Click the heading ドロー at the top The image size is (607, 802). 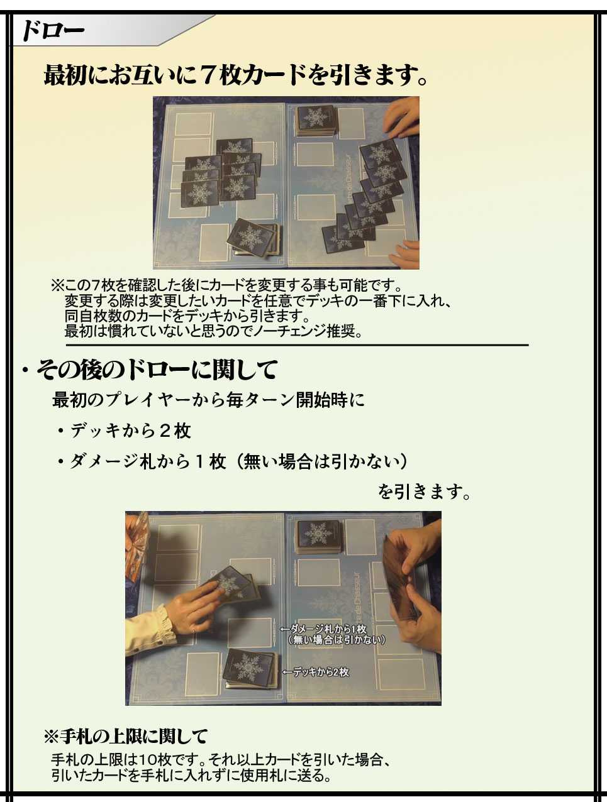pyautogui.click(x=53, y=31)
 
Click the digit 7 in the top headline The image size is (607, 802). pyautogui.click(x=210, y=75)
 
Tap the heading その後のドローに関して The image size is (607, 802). pyautogui.click(x=157, y=370)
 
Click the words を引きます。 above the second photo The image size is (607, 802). pyautogui.click(x=424, y=492)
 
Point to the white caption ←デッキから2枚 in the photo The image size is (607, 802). pyautogui.click(x=316, y=672)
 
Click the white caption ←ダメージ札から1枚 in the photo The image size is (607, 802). pyautogui.click(x=323, y=629)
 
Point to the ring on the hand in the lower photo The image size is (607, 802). pyautogui.click(x=194, y=629)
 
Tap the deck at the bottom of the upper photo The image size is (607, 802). pyautogui.click(x=255, y=238)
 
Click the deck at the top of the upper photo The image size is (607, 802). pyautogui.click(x=316, y=121)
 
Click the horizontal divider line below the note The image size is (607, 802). pyautogui.click(x=298, y=344)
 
